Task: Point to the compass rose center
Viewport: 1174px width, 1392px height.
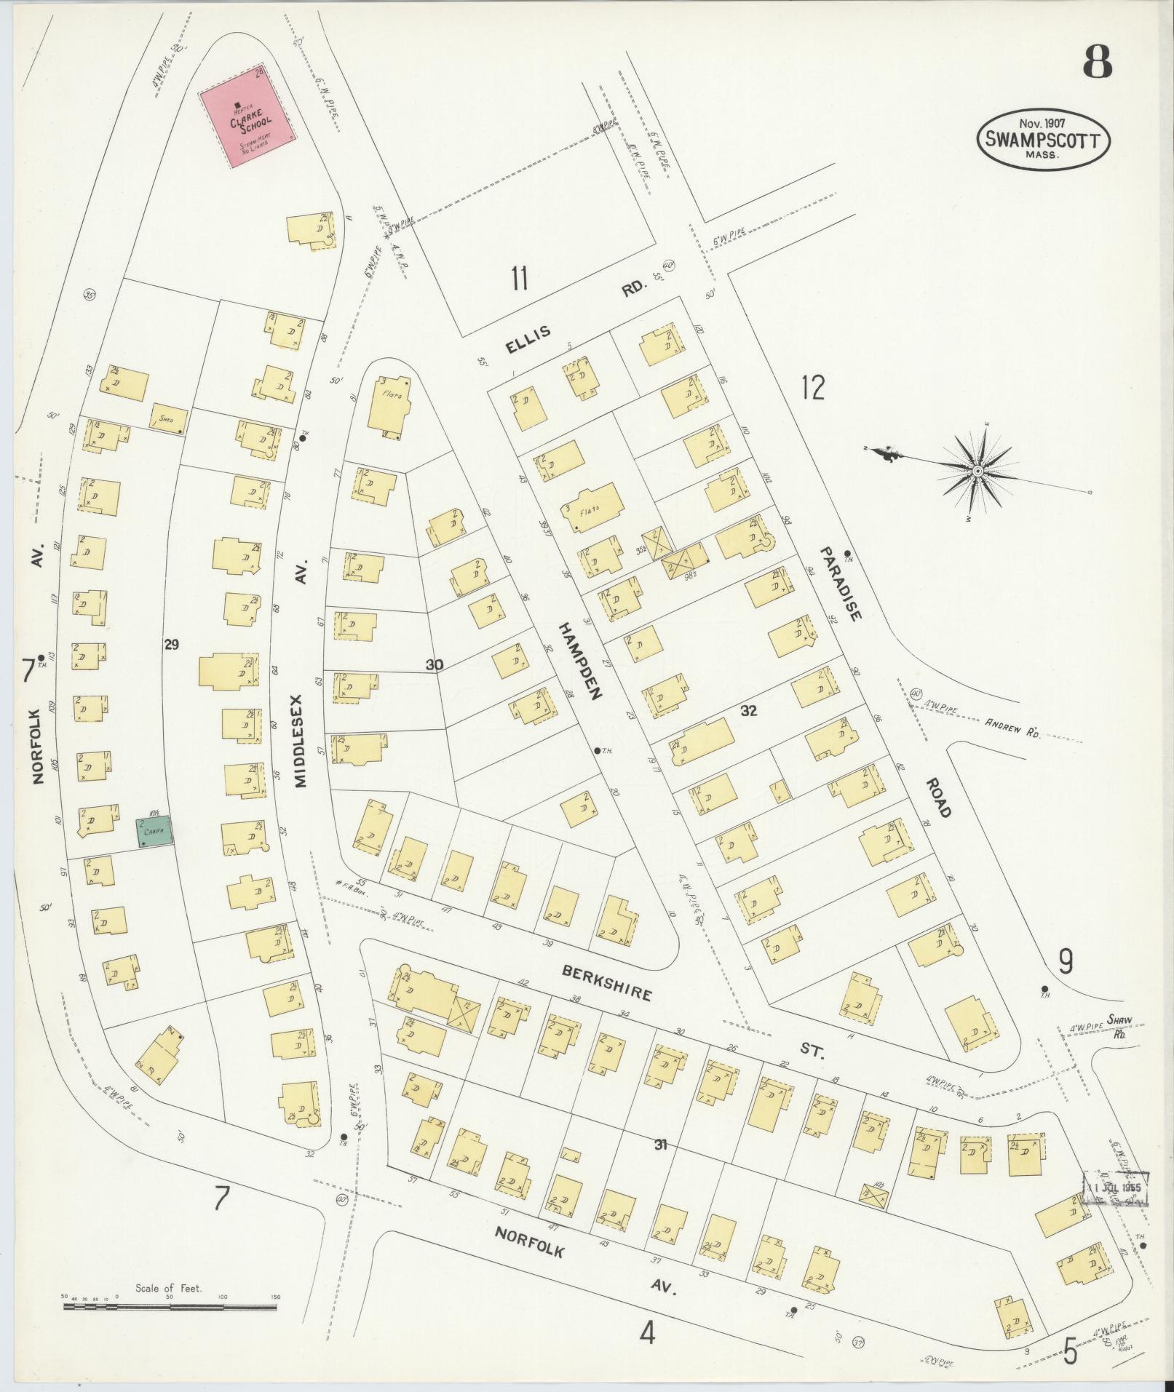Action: click(978, 472)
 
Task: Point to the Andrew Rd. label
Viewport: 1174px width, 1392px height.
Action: click(1012, 728)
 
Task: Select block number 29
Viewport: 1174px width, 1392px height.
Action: click(172, 644)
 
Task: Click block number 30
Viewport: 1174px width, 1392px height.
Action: click(434, 664)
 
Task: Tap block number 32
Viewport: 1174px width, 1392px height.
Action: click(749, 710)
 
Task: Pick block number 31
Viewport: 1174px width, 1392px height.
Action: click(660, 1145)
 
